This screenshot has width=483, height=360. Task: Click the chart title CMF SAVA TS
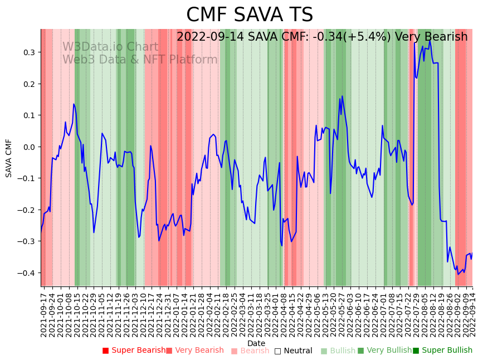(x=249, y=15)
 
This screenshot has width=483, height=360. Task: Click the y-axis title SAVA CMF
(x=9, y=158)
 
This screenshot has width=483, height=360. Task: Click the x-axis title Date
(x=256, y=343)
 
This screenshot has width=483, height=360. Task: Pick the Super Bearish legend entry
(x=134, y=351)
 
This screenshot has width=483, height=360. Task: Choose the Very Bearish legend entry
(x=194, y=351)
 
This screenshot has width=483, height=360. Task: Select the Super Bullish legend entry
(x=442, y=351)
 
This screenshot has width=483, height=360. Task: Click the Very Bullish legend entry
(x=384, y=351)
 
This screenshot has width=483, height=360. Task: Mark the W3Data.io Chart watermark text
(x=110, y=47)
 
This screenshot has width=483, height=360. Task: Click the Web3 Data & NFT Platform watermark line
(x=140, y=60)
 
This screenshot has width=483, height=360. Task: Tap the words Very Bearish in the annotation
(x=431, y=37)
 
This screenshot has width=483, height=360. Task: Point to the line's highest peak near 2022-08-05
(x=430, y=40)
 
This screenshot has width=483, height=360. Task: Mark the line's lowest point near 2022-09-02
(x=458, y=274)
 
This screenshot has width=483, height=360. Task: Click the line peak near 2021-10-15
(x=74, y=104)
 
